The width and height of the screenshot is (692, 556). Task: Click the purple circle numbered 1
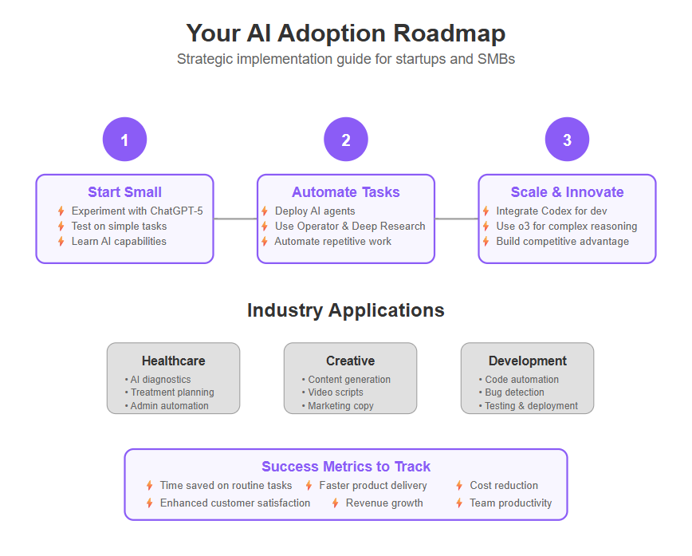[125, 139]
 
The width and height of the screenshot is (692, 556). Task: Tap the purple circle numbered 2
[346, 139]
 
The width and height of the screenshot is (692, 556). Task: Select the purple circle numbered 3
[567, 139]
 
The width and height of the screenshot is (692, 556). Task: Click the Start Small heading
[125, 192]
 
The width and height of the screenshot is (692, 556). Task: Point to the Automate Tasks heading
[346, 192]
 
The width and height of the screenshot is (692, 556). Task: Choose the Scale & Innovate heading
[567, 192]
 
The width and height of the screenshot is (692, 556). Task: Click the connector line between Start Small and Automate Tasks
[236, 219]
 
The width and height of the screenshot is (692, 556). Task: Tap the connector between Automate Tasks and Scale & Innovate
[457, 219]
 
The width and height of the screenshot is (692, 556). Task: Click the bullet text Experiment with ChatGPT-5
[137, 211]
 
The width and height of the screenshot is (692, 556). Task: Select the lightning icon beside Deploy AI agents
[265, 211]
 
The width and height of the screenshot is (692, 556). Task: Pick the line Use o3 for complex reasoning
[567, 226]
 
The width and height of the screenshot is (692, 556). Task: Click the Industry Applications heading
[346, 310]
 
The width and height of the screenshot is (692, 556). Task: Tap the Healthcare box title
[174, 361]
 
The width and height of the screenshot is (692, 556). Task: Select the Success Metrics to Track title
[346, 467]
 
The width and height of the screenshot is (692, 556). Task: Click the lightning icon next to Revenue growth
[336, 503]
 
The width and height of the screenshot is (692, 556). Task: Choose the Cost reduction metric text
[504, 485]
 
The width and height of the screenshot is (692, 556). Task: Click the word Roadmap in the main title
[450, 34]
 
